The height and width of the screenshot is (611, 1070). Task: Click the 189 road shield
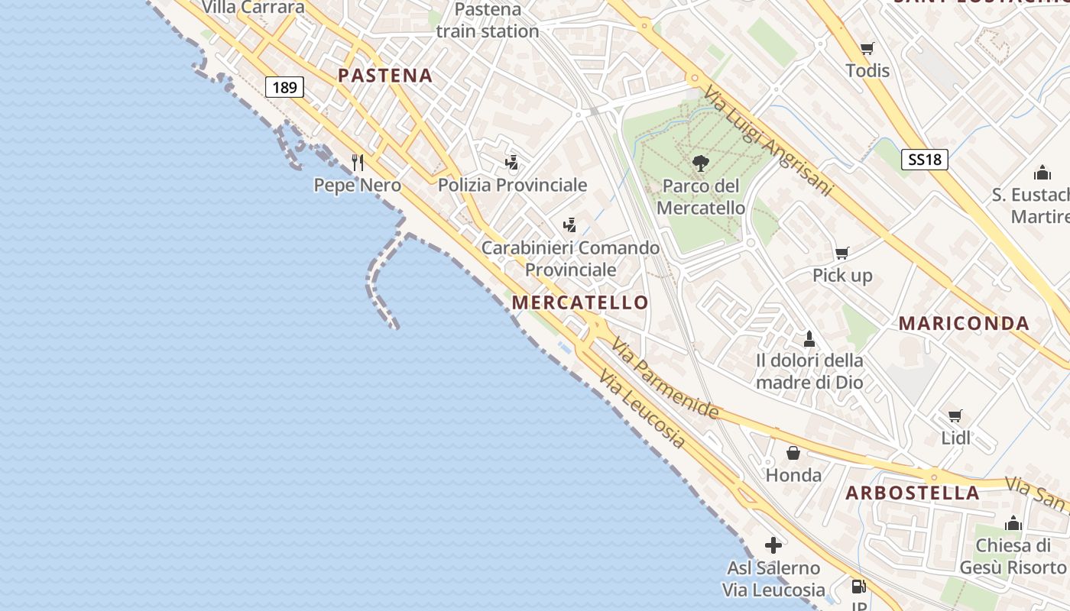284,87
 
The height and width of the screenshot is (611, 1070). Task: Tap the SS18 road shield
925,159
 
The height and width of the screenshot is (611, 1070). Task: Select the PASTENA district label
385,76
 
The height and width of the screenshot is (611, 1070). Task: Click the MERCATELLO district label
580,302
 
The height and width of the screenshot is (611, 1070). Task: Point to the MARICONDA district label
964,323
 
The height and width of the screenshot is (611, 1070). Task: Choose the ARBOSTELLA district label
913,493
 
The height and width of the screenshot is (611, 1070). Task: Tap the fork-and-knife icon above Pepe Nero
357,162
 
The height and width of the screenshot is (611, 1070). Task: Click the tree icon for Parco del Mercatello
699,163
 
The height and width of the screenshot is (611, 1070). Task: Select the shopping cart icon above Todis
867,49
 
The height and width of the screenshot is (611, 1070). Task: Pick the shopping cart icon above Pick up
841,253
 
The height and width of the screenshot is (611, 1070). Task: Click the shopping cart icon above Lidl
955,415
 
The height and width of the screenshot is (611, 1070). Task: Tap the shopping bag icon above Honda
793,453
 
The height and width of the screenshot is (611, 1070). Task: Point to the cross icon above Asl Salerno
773,545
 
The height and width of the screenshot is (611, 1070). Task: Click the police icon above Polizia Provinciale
511,162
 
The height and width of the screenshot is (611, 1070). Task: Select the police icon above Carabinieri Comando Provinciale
569,225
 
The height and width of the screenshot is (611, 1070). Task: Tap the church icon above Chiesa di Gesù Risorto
1013,523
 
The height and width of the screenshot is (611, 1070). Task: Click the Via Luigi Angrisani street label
767,141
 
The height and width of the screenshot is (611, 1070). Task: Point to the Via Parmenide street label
664,379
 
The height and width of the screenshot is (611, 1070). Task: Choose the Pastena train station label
488,21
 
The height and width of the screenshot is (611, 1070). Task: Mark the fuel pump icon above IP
859,587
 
